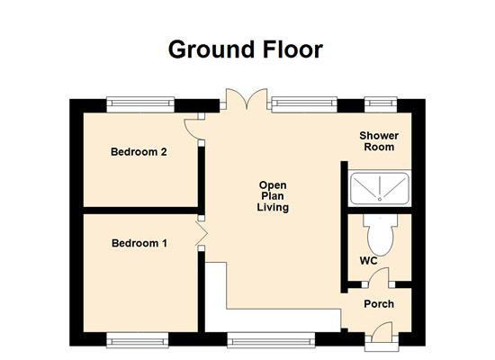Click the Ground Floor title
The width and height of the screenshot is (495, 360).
click(245, 49)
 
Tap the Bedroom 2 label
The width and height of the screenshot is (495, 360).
click(139, 152)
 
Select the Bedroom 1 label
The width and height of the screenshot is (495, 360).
click(139, 243)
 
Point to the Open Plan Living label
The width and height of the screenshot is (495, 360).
click(273, 195)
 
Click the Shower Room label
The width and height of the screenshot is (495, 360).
click(379, 141)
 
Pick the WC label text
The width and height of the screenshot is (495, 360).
click(368, 261)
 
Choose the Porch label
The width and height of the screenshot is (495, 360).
click(379, 303)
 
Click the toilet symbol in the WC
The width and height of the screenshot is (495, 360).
click(377, 236)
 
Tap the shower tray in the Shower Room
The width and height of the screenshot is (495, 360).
click(379, 187)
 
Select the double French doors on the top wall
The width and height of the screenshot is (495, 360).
click(245, 100)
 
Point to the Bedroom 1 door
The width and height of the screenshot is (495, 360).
click(202, 237)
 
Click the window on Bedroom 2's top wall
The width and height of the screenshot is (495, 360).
click(139, 103)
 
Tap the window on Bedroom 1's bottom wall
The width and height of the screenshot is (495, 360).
click(137, 339)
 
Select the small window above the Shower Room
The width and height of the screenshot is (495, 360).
click(375, 103)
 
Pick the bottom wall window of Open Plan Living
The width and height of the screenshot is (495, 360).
click(271, 339)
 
